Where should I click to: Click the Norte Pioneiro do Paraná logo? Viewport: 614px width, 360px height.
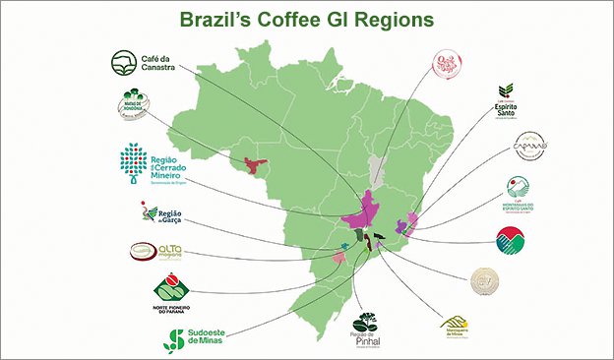click(170, 296)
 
